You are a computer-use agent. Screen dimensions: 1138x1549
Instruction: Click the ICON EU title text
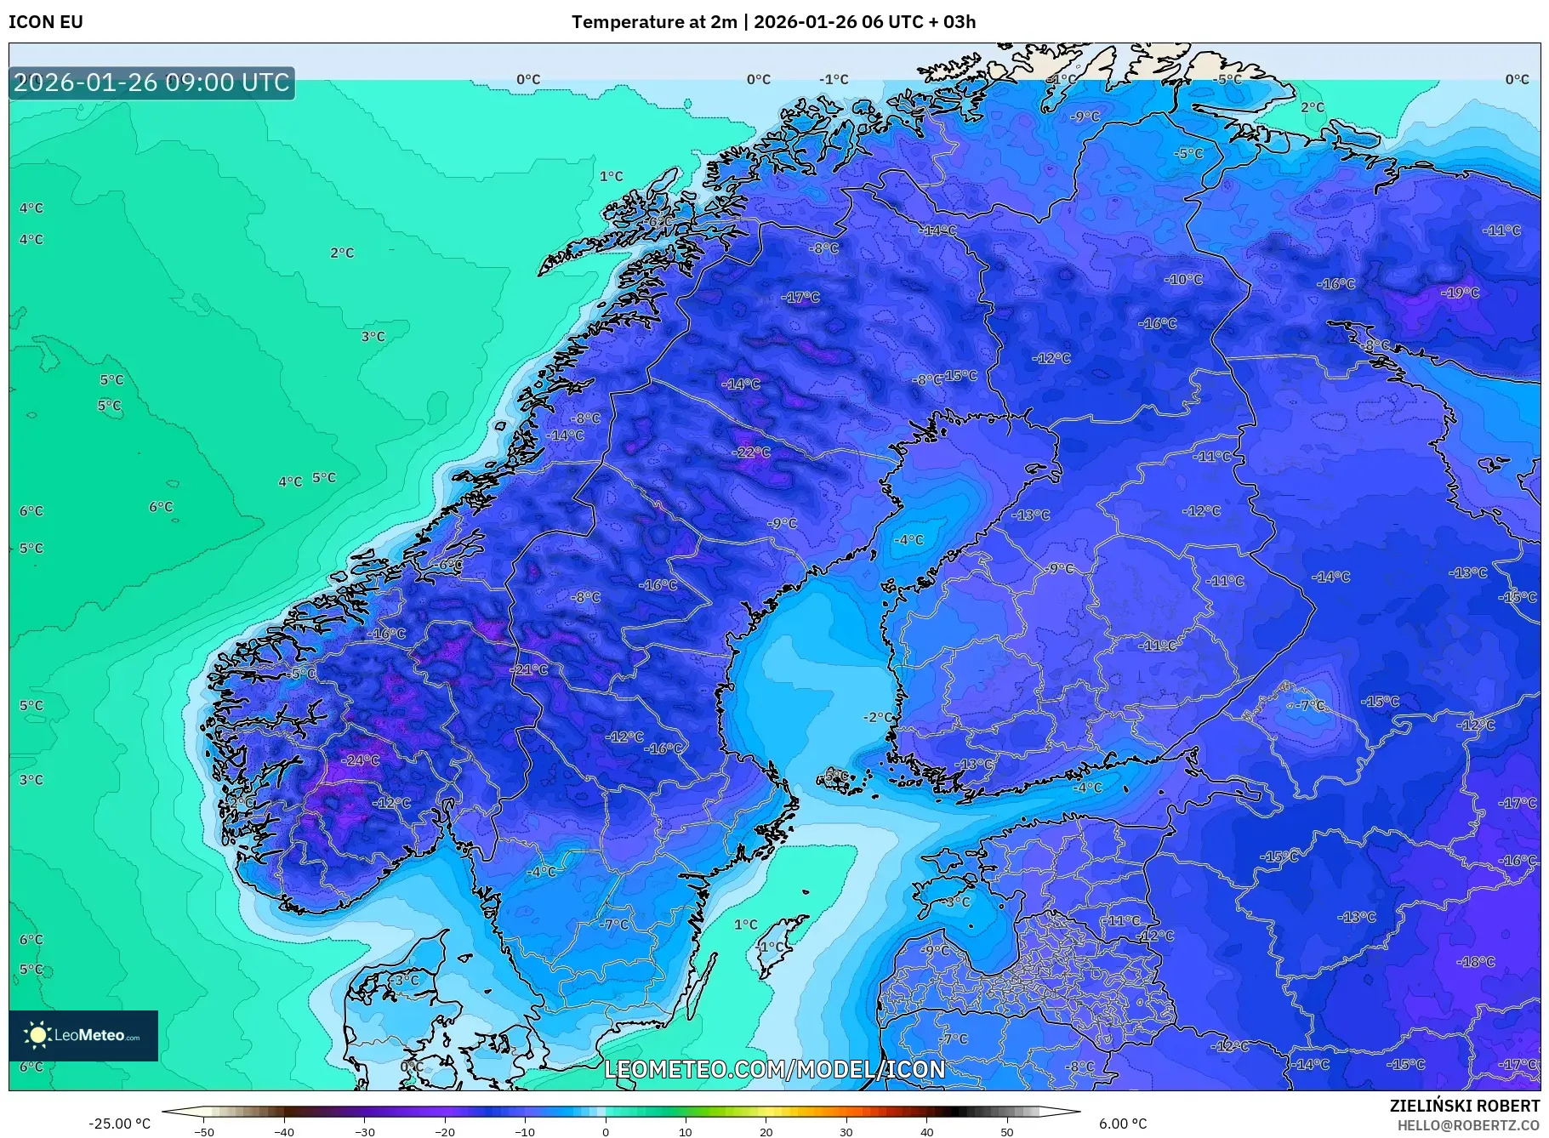pyautogui.click(x=46, y=22)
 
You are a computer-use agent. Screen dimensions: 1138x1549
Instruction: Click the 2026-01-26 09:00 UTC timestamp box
pyautogui.click(x=152, y=83)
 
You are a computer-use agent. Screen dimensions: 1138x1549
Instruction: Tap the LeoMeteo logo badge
pyautogui.click(x=83, y=1035)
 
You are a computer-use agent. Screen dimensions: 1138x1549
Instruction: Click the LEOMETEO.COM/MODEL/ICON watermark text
pyautogui.click(x=774, y=1069)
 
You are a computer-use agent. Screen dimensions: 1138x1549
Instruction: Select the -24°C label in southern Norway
pyautogui.click(x=360, y=760)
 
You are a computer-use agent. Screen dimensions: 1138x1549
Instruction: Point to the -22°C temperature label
pyautogui.click(x=751, y=452)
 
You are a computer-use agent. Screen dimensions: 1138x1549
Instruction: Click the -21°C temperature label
pyautogui.click(x=528, y=670)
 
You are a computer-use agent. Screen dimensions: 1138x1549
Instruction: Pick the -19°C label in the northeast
pyautogui.click(x=1460, y=293)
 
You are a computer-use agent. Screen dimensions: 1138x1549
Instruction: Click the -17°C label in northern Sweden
pyautogui.click(x=800, y=298)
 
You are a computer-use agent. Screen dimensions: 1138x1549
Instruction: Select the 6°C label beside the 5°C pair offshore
pyautogui.click(x=161, y=507)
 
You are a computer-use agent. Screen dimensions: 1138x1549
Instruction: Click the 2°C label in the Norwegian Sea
pyautogui.click(x=342, y=253)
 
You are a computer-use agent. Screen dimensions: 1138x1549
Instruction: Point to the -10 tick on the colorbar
pyautogui.click(x=525, y=1131)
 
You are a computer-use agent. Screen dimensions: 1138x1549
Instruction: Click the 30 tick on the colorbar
pyautogui.click(x=846, y=1131)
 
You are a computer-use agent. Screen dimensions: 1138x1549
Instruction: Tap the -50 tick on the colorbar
pyautogui.click(x=204, y=1131)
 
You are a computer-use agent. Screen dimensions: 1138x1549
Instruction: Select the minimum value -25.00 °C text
pyautogui.click(x=119, y=1124)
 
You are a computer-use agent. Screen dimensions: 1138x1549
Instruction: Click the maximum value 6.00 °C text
pyautogui.click(x=1122, y=1124)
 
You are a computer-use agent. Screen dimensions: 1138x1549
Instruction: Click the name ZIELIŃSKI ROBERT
pyautogui.click(x=1464, y=1106)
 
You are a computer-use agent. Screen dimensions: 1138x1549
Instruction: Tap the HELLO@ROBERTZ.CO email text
pyautogui.click(x=1468, y=1125)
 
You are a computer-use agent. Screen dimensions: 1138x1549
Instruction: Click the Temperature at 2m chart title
pyautogui.click(x=773, y=22)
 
